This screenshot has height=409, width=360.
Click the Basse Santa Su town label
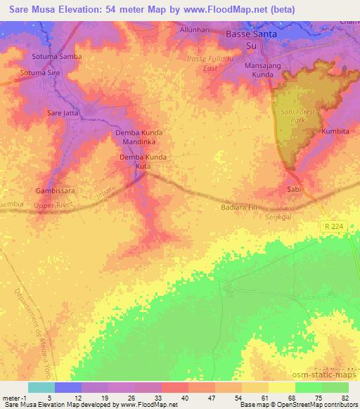(250, 39)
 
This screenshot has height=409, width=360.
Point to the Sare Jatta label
(63, 112)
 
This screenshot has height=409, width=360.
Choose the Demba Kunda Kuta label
(143, 162)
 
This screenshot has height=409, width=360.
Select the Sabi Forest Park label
(301, 117)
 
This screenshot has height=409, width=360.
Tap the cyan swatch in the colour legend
(41, 387)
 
